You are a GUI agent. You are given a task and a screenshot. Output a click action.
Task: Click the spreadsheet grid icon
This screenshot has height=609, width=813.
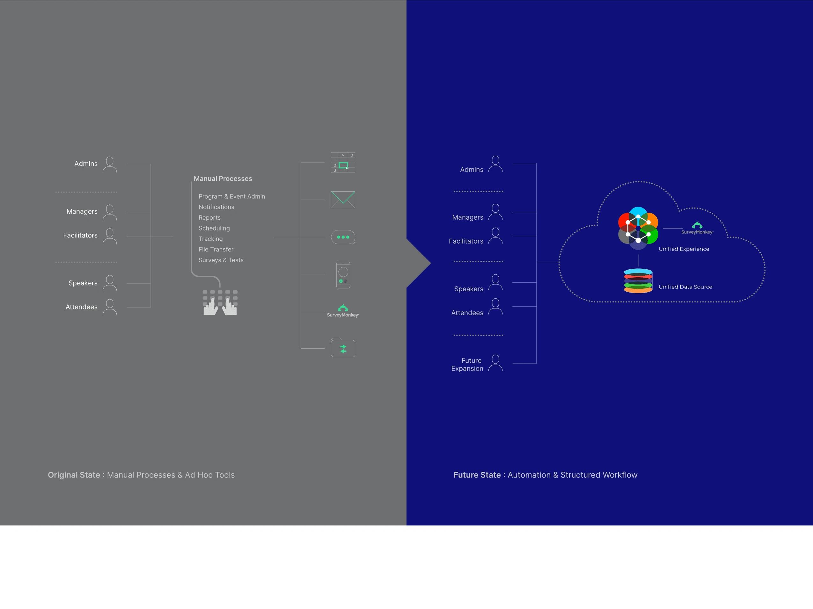coord(343,163)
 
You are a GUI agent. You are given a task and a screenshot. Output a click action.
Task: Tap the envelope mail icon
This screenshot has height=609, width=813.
coord(343,200)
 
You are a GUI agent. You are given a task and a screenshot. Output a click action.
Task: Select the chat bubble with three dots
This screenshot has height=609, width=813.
coord(343,237)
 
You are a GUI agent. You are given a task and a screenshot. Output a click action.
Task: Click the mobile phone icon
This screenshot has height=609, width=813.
coord(343,275)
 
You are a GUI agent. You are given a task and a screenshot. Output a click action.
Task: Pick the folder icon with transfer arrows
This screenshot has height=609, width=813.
coord(343,348)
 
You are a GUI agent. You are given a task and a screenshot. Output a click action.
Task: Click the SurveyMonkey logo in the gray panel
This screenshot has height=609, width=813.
coord(343,311)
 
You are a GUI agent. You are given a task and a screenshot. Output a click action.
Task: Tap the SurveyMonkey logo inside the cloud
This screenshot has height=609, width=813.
coord(697,228)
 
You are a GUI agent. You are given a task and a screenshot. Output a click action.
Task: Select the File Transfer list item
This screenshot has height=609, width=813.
coord(216,250)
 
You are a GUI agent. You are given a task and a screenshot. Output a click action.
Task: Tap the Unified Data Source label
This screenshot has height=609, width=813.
coord(685,287)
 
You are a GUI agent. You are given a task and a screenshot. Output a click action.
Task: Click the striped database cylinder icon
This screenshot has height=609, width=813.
coord(638,281)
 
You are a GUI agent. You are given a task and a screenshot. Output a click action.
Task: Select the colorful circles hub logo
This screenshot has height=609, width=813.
coord(638,228)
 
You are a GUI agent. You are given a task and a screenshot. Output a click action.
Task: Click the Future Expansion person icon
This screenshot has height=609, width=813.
coord(495,363)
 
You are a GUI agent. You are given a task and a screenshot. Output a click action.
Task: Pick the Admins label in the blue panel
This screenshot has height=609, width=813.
coord(472,170)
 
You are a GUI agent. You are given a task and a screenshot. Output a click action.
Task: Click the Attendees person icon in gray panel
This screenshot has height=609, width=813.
coord(110,307)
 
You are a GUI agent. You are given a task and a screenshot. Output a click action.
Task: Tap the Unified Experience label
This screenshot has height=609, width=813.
coord(684,249)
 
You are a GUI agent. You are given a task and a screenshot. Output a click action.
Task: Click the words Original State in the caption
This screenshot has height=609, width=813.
coord(74,475)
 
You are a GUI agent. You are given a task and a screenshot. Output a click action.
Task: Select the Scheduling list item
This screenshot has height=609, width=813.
coord(214,228)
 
